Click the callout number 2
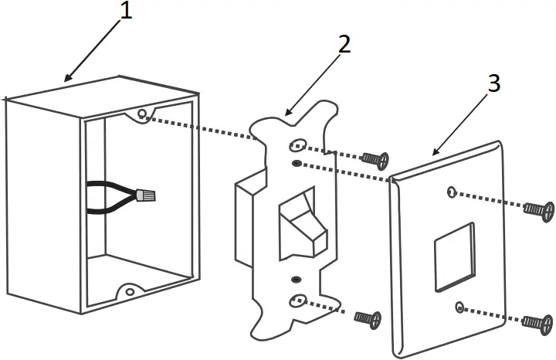click(x=343, y=44)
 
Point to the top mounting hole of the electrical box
click(x=141, y=116)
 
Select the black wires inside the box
click(x=108, y=196)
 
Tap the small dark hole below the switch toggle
click(x=295, y=278)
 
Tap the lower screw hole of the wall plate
click(x=459, y=307)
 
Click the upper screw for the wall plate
click(x=538, y=209)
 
